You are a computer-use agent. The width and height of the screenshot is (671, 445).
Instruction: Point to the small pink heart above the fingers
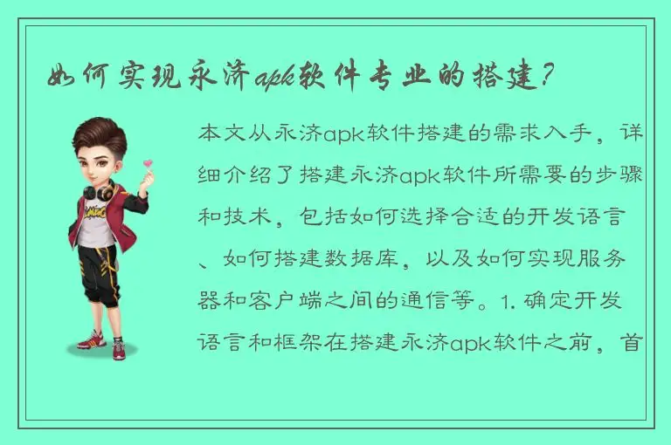point(149,162)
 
